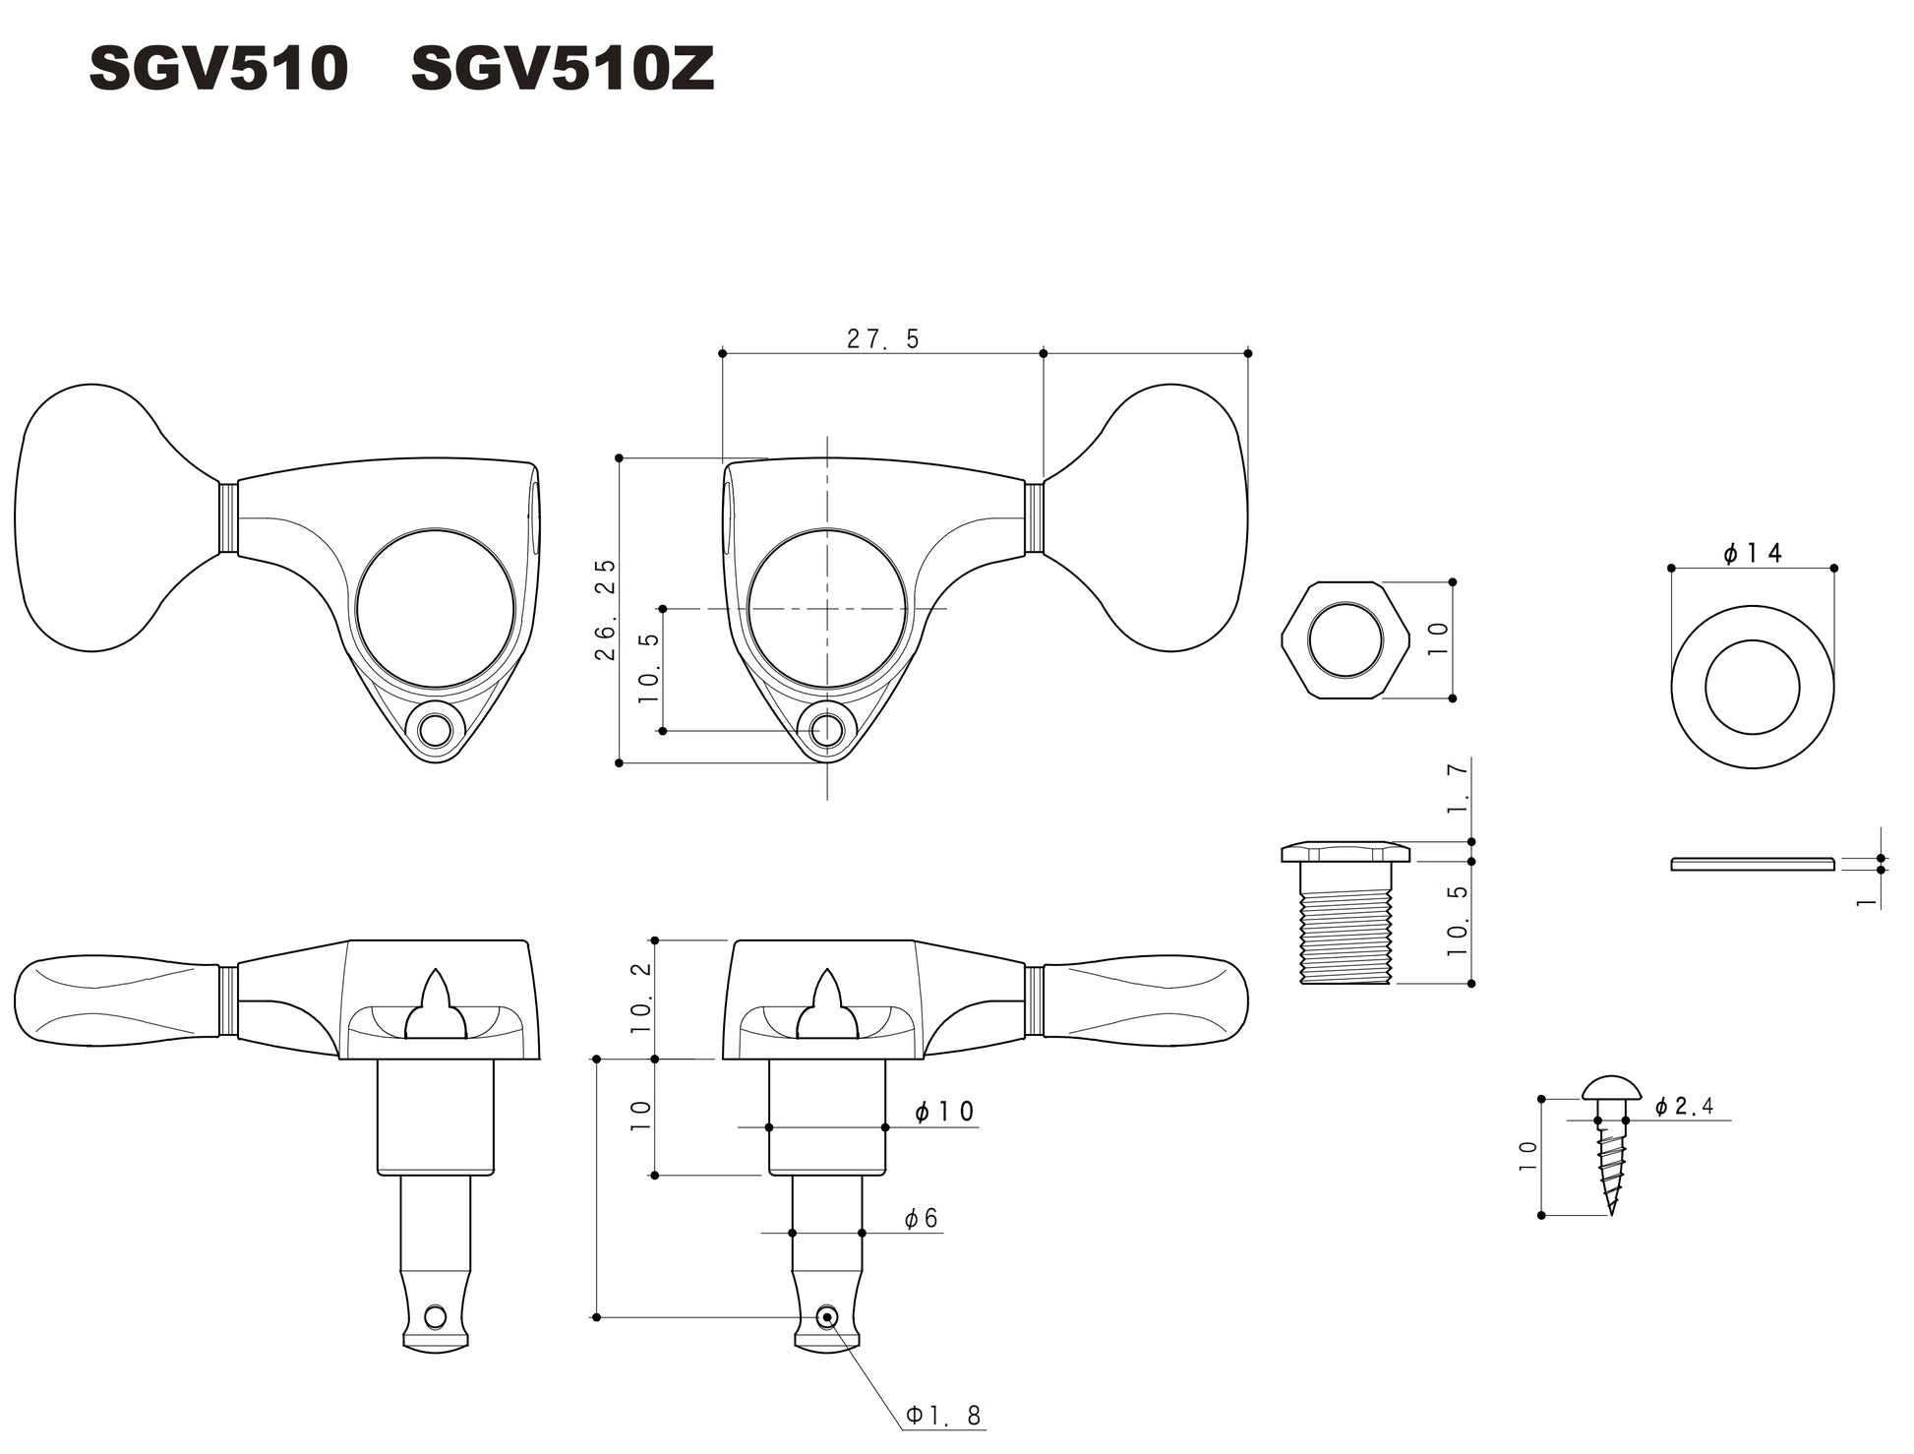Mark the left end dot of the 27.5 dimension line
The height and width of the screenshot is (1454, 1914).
722,352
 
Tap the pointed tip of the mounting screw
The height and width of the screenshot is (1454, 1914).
1611,1214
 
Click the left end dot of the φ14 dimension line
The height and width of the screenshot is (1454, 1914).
1671,568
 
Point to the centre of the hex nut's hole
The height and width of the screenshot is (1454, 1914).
1346,640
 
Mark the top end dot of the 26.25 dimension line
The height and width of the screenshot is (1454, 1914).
619,457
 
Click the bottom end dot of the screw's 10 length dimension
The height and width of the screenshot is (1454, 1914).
1541,1215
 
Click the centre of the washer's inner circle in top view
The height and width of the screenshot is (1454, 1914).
1752,687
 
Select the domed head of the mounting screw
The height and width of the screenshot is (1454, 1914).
1612,1087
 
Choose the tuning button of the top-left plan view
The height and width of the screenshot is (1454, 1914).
119,517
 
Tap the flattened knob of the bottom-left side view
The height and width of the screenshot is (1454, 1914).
118,998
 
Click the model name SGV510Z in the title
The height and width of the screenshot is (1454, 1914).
562,71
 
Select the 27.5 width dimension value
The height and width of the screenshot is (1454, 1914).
882,338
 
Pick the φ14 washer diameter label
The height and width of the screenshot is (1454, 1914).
1752,554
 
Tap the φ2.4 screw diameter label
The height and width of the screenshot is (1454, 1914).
1684,1107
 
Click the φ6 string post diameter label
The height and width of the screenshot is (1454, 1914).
921,1219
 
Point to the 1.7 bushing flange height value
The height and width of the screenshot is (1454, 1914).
1458,788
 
